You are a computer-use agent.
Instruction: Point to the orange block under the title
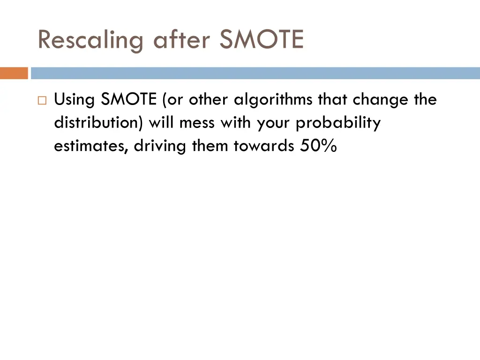coord(14,73)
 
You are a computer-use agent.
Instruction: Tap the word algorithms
coord(274,100)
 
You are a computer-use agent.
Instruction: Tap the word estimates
coord(91,146)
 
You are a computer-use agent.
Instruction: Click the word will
coord(160,123)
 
